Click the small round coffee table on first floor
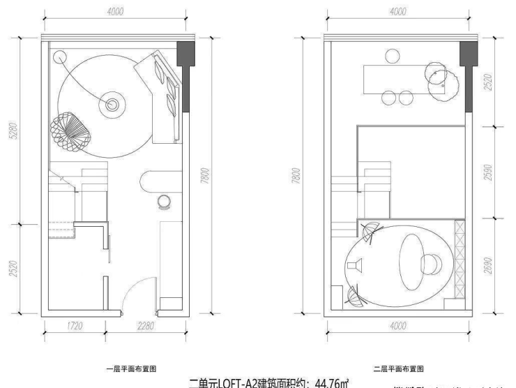coord(112,105)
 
